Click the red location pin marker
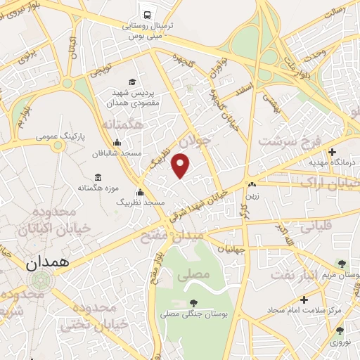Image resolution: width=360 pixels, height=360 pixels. [x=181, y=165]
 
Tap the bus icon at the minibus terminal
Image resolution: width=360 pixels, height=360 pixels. [x=147, y=13]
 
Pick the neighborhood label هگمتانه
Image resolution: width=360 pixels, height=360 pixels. [x=122, y=124]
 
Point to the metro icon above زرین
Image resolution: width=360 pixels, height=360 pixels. [x=251, y=186]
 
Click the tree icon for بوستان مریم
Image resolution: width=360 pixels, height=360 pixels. [x=342, y=264]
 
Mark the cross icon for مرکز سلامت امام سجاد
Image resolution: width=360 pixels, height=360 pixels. [x=304, y=300]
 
